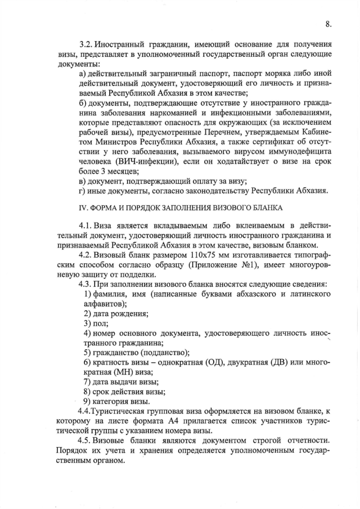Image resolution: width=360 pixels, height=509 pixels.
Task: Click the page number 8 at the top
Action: (x=328, y=24)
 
